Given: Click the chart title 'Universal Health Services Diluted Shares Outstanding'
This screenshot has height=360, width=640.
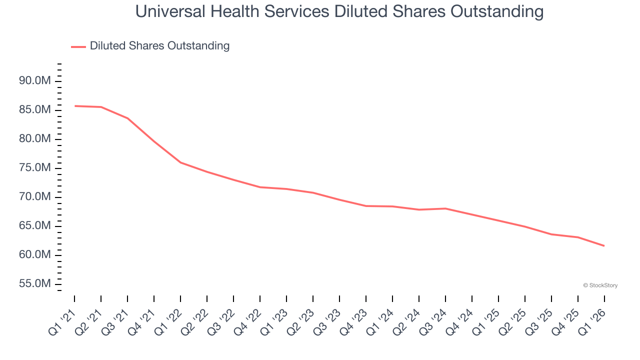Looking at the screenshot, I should [339, 11].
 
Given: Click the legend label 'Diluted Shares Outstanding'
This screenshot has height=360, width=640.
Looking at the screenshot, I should [159, 46].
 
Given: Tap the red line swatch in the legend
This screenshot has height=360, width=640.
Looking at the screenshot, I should [78, 46].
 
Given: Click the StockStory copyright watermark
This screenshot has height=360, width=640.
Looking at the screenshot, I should [600, 285].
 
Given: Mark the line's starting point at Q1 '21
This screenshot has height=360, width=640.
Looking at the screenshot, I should [74, 106].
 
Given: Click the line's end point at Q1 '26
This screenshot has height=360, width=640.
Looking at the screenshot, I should [604, 245].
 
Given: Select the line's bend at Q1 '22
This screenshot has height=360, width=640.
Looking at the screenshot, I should [180, 162].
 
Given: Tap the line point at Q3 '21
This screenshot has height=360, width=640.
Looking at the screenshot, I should [127, 118].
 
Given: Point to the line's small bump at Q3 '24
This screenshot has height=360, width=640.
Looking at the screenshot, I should [445, 208].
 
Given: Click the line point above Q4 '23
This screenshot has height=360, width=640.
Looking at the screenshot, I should [366, 206].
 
